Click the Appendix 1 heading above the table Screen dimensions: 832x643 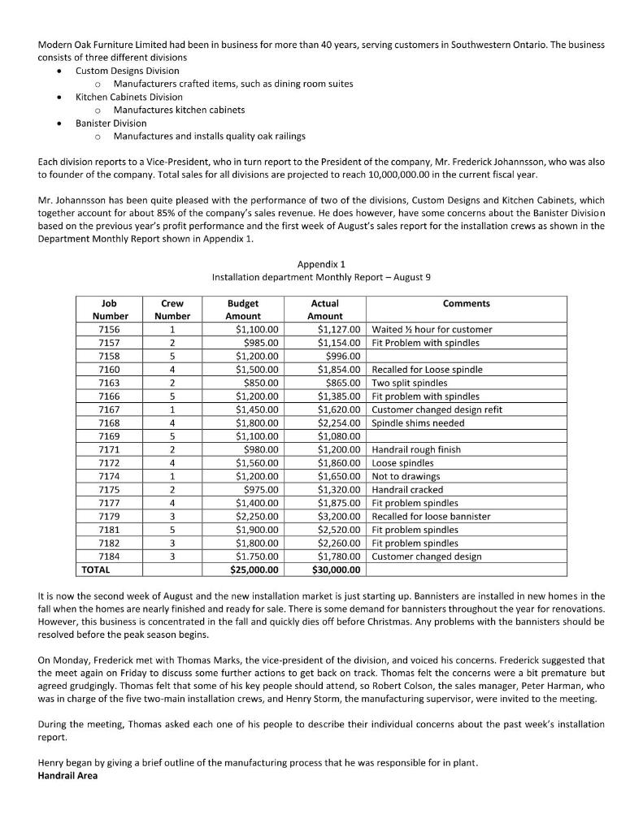click(x=321, y=264)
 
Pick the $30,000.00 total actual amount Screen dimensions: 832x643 click(x=334, y=570)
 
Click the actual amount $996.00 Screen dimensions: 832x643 click(x=342, y=356)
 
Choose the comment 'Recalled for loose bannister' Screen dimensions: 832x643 click(x=431, y=517)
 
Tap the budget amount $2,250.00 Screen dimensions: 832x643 click(x=256, y=517)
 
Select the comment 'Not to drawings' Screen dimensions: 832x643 click(x=406, y=476)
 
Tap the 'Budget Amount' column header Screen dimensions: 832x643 click(x=242, y=310)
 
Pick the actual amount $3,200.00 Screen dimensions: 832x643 click(x=337, y=517)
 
